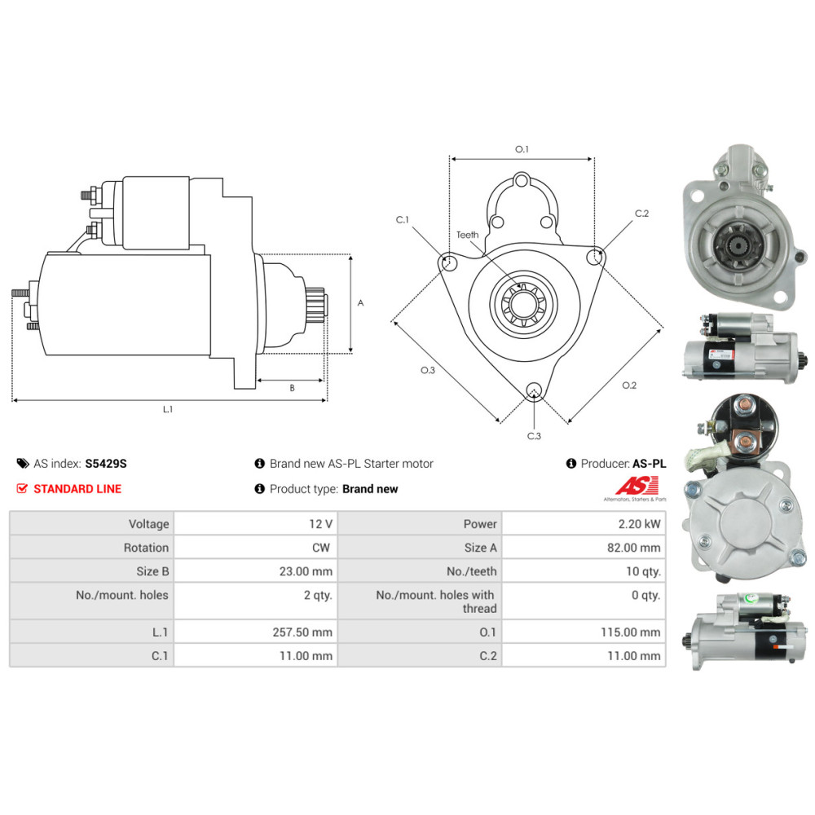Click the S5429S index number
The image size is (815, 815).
[x=105, y=464]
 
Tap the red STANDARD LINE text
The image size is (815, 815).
[x=77, y=489]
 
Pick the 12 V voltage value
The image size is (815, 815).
[x=320, y=524]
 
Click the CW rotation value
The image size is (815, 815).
[x=320, y=548]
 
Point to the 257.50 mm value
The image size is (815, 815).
[x=302, y=632]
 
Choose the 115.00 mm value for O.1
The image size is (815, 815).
[x=631, y=632]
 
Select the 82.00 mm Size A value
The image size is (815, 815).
[x=633, y=548]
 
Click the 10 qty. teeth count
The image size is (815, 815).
[x=644, y=572]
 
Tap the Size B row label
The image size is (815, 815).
[x=152, y=572]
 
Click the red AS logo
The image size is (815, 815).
[x=637, y=486]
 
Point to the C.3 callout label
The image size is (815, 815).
[x=534, y=436]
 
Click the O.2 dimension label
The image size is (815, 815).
[x=629, y=385]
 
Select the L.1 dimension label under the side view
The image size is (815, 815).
[x=167, y=410]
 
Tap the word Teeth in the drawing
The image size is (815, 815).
[x=467, y=235]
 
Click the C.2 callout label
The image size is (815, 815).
[x=641, y=214]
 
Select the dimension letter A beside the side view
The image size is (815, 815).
[x=361, y=303]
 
